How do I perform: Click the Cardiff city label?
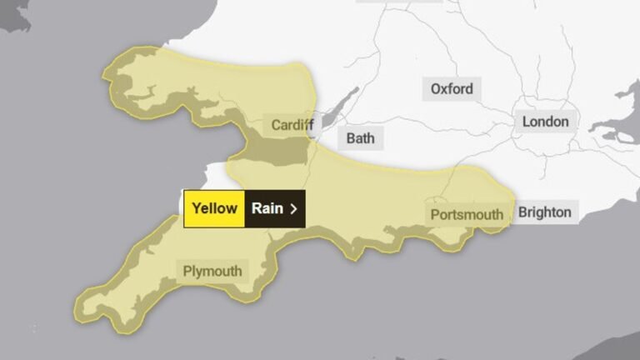point(292,125)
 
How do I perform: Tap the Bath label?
point(360,138)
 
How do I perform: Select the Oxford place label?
point(452,89)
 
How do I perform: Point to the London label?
point(545,122)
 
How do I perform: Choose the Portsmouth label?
point(467,215)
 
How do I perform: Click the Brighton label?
point(545,212)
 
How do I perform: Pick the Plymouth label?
point(212,271)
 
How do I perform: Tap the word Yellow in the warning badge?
point(214,208)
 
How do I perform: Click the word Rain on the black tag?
point(267,208)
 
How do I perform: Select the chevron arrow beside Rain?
point(293,208)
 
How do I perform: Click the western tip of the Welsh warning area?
point(106,74)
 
